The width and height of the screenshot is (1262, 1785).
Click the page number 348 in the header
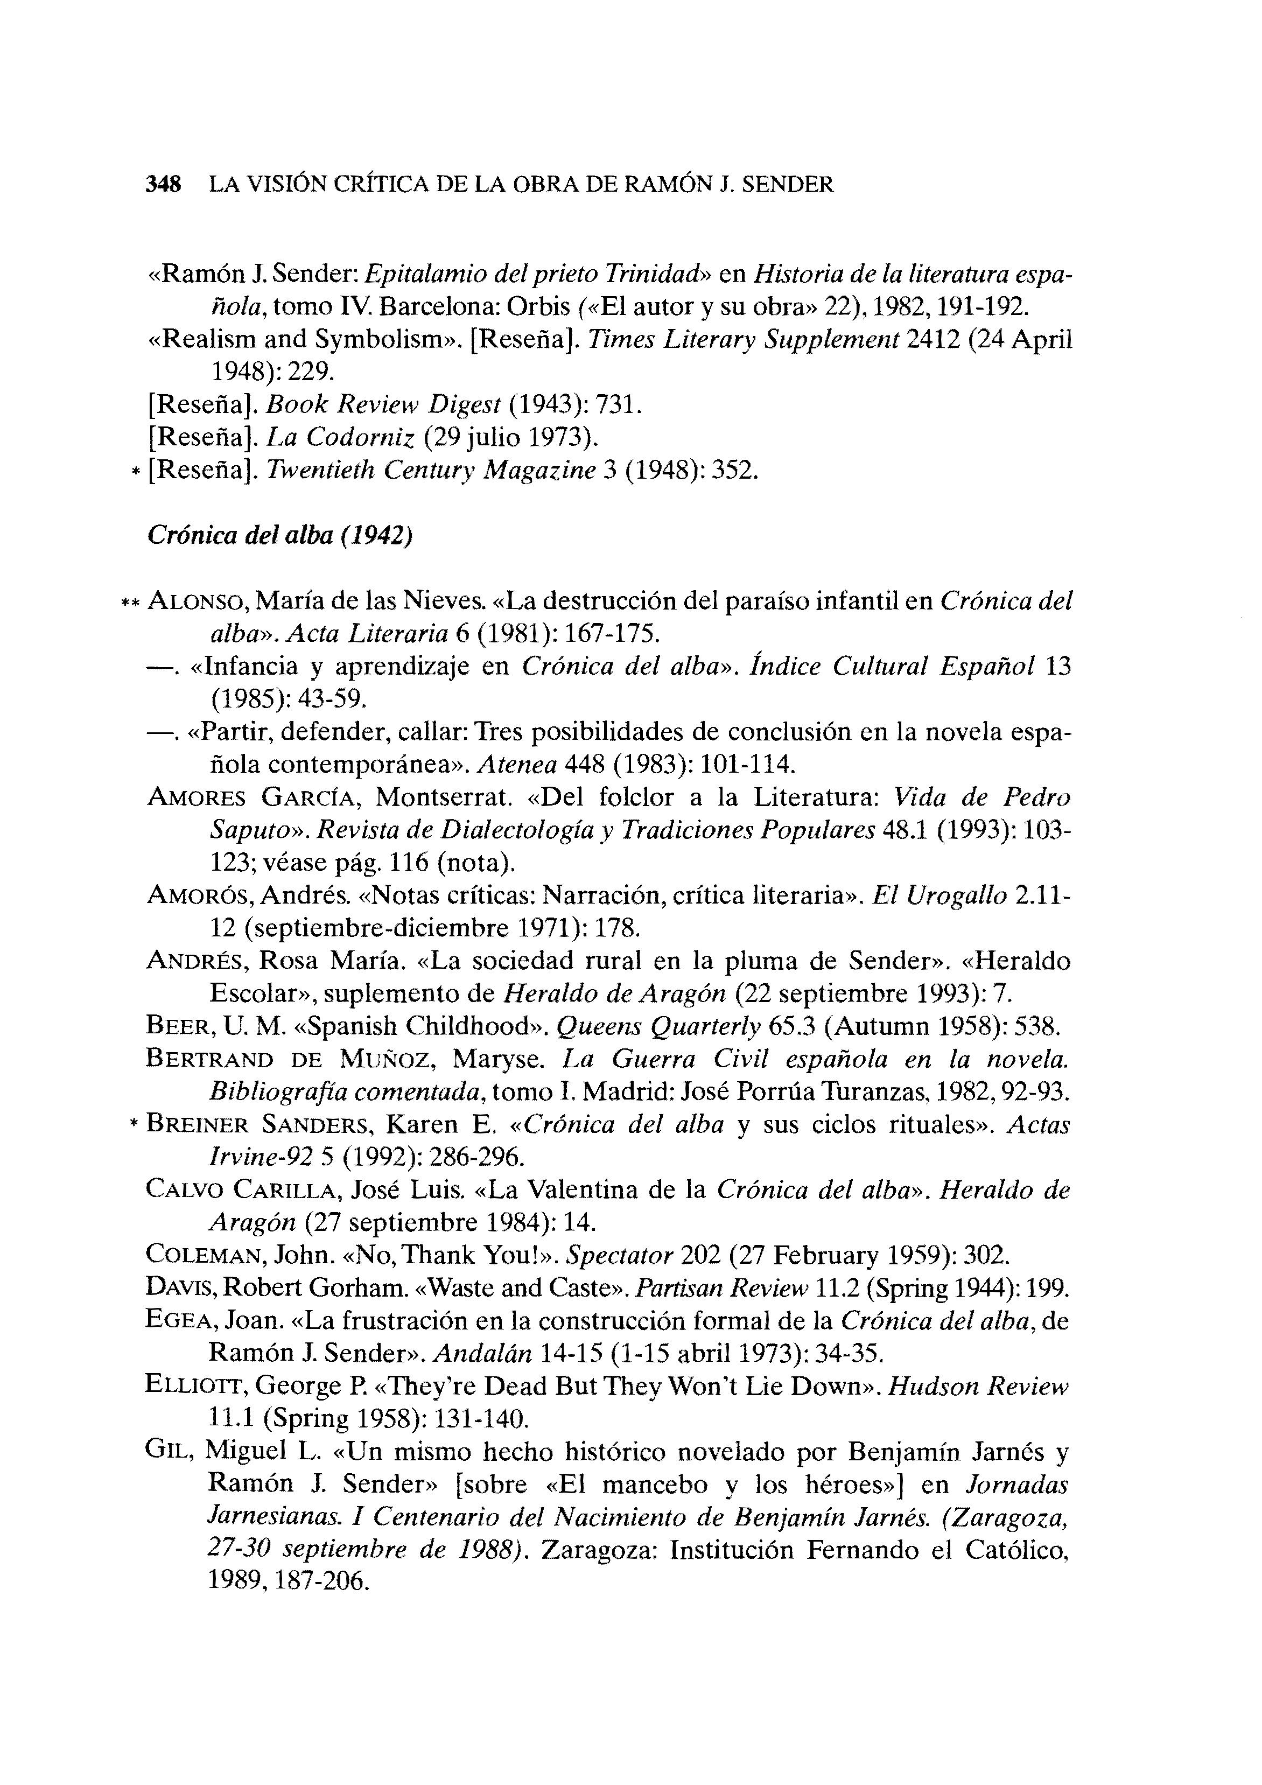click(163, 185)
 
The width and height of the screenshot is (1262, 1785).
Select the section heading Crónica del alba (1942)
click(279, 536)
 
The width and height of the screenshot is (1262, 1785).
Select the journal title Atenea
click(517, 765)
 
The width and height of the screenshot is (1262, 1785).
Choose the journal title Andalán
click(482, 1354)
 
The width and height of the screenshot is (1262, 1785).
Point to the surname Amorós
click(198, 895)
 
